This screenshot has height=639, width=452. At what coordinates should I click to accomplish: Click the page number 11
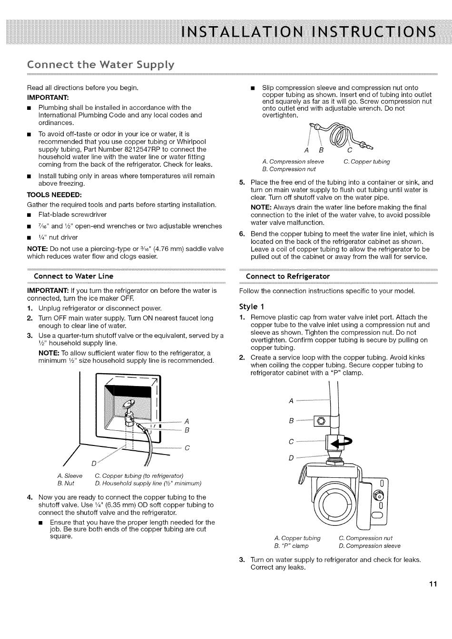click(433, 584)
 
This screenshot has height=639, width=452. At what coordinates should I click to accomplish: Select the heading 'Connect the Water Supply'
click(100, 65)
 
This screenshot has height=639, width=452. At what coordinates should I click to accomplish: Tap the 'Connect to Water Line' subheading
click(73, 276)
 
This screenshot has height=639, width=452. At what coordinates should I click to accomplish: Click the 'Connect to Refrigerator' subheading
click(288, 276)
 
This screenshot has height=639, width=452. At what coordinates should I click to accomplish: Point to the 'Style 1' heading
click(252, 307)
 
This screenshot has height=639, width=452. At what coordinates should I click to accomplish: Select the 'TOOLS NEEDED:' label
click(54, 195)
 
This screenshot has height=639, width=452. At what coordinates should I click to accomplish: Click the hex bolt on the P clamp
click(321, 421)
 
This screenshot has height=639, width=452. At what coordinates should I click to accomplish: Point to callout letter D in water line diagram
click(93, 464)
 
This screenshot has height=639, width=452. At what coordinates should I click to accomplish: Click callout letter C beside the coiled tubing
click(350, 150)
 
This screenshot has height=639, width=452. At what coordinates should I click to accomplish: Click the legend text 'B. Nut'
click(66, 483)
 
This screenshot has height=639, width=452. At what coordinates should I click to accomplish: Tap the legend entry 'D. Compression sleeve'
click(370, 546)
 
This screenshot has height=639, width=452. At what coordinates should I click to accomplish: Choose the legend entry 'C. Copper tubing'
click(367, 162)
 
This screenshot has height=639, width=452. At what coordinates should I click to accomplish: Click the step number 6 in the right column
click(242, 234)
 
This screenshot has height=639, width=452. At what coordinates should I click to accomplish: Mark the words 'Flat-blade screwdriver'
click(72, 214)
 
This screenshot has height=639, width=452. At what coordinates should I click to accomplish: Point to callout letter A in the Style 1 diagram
click(291, 401)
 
